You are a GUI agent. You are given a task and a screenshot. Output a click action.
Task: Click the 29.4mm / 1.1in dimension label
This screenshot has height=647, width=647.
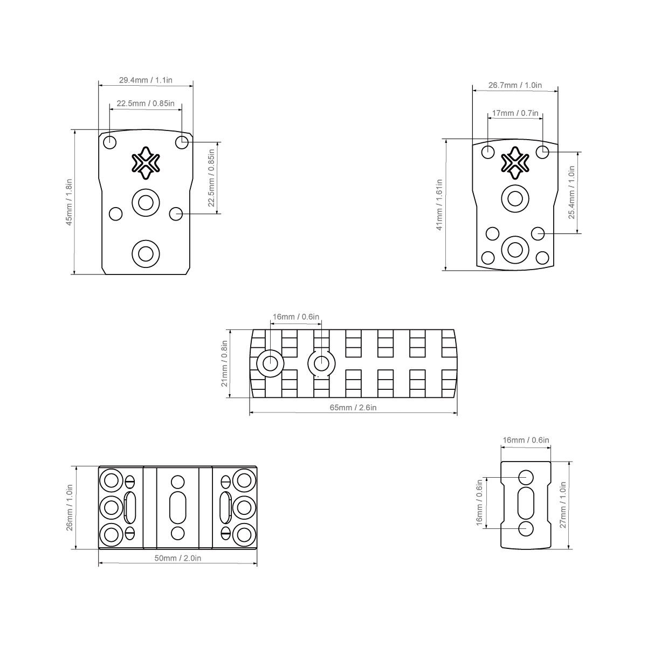pos(146,80)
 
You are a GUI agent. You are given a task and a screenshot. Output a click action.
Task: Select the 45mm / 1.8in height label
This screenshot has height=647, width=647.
pos(69,202)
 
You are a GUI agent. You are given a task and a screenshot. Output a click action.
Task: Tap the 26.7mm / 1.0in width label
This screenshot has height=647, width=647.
pos(515,85)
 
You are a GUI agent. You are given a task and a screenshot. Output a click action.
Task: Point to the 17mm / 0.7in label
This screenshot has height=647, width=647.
pos(515,113)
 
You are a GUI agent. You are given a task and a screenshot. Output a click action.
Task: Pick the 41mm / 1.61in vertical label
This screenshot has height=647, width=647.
pos(439,204)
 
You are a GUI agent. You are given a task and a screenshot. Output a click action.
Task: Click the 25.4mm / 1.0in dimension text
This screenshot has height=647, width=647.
pos(572,191)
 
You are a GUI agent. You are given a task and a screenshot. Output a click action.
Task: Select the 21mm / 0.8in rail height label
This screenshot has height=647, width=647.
pos(224,364)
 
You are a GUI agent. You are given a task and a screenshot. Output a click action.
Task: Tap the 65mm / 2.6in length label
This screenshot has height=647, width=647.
pos(353,407)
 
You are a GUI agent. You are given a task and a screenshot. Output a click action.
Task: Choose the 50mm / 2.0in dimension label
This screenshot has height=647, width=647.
pos(178,559)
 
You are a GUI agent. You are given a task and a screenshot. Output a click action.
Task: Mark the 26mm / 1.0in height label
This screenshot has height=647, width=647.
pos(70,507)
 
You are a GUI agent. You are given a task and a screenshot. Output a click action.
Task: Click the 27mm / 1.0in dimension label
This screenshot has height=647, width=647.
pos(563,505)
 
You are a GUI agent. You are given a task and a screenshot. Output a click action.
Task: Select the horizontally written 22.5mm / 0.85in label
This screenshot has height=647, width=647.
pos(146,103)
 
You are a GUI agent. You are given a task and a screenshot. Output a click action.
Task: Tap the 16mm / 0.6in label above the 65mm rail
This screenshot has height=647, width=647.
pos(296,316)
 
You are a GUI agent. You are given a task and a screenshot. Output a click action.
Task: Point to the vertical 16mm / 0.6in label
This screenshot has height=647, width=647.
pos(479,503)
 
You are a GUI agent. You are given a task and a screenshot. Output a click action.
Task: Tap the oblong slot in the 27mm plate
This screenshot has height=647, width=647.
pos(526,503)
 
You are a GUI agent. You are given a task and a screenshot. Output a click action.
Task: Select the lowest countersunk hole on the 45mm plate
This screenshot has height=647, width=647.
pos(145,252)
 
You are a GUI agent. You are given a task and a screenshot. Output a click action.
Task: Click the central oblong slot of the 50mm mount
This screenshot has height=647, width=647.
pos(177,507)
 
